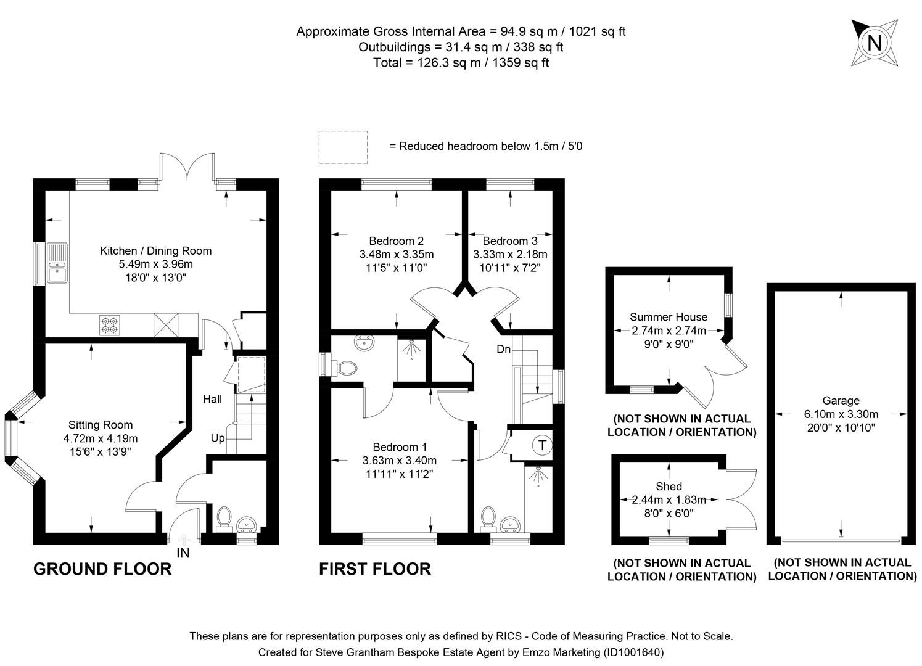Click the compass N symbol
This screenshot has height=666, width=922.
(x=874, y=43)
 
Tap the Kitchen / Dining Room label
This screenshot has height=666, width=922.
(x=155, y=251)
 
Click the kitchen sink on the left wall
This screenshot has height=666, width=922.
(x=58, y=263)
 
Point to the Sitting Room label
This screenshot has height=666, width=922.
(x=101, y=425)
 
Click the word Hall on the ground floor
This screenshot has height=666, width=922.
(x=212, y=400)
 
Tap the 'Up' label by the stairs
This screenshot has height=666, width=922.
(x=218, y=438)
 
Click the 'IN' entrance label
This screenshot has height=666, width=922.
(x=183, y=553)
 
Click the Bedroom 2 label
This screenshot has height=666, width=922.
(x=396, y=241)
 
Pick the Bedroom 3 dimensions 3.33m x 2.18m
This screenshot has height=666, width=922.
(x=510, y=255)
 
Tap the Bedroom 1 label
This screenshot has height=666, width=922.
(x=399, y=447)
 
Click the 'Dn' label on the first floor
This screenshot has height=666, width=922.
(x=503, y=350)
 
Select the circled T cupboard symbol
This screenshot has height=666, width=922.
(x=542, y=445)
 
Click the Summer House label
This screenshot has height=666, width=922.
(x=669, y=317)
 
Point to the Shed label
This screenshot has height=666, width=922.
(x=669, y=487)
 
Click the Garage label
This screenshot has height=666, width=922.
(x=841, y=401)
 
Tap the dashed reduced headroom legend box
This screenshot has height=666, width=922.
(x=343, y=147)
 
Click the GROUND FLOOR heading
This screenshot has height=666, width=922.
(x=102, y=569)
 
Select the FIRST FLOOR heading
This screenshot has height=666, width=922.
(x=374, y=569)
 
